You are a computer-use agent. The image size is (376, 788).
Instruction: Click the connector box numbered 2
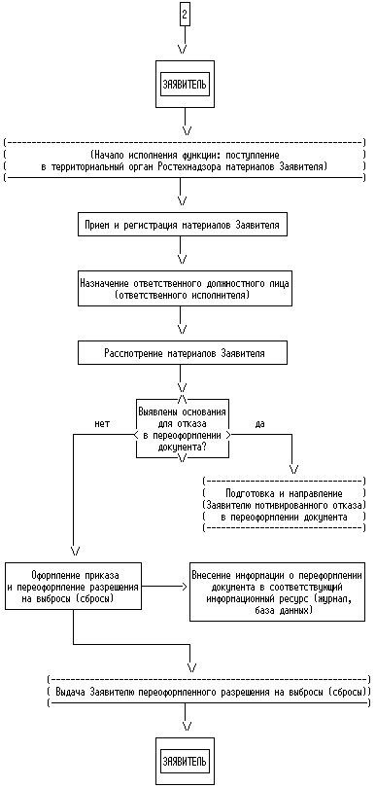[185, 15]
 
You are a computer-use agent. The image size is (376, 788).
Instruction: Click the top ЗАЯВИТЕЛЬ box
[185, 84]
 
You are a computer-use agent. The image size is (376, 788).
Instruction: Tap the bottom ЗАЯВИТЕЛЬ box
[185, 761]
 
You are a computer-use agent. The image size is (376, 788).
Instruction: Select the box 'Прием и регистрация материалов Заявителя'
[183, 225]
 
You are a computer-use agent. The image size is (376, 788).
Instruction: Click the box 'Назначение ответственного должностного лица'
[185, 289]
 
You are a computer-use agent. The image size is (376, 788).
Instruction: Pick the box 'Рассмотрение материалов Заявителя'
[183, 353]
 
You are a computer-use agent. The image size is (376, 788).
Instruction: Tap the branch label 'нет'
[102, 423]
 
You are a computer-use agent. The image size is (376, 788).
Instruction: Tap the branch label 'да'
[259, 423]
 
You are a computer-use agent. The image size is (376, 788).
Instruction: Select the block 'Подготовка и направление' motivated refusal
[284, 505]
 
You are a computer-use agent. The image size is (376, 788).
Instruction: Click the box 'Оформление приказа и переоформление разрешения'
[73, 586]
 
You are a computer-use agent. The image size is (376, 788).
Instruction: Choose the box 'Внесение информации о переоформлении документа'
[277, 591]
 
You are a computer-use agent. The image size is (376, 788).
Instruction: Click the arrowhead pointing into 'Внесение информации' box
[185, 586]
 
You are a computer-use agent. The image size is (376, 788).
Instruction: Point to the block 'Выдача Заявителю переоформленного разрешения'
[208, 693]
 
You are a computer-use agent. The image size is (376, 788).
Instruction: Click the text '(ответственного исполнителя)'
[182, 296]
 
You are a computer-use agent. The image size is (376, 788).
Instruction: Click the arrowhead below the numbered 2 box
[183, 49]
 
